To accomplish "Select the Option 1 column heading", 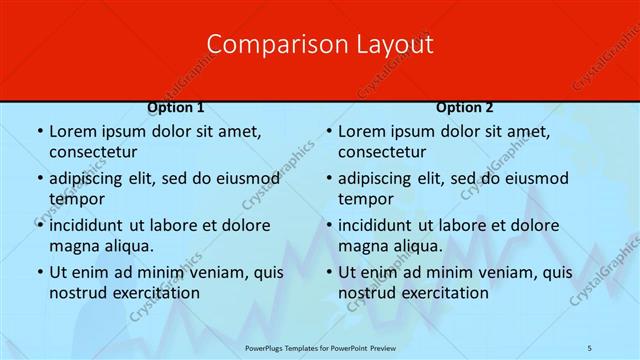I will point(176,108).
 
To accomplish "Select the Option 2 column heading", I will point(465,108).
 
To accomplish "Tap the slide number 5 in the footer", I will point(590,346).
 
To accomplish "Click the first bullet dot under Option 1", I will point(39,132).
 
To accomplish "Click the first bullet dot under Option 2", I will point(328,132).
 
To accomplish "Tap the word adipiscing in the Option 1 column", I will point(89,179).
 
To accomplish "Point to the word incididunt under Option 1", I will point(90,226).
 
